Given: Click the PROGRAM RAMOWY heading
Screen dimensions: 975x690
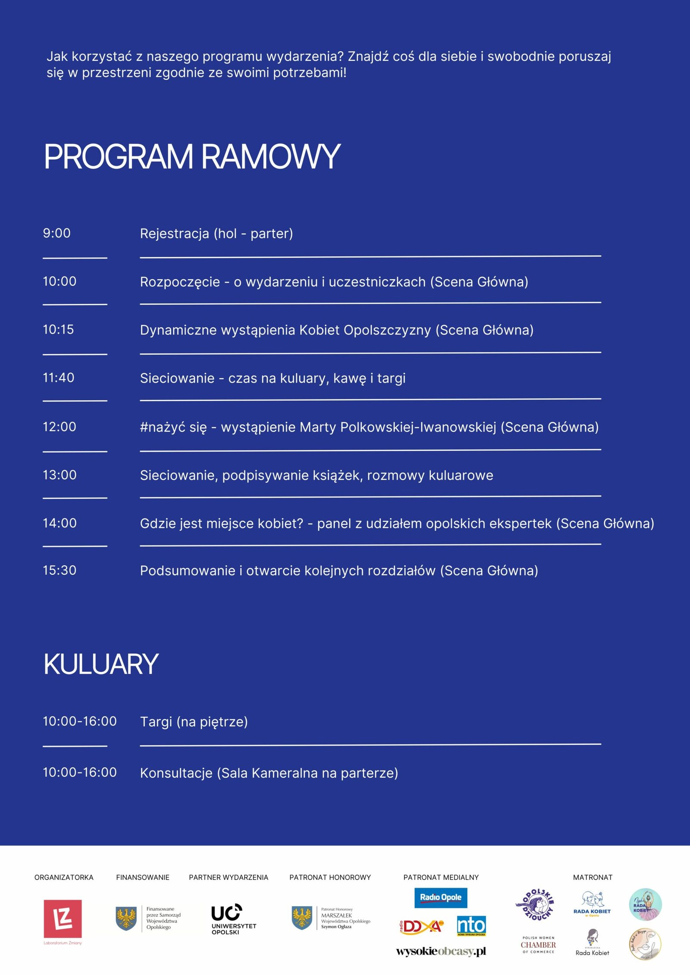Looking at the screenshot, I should pyautogui.click(x=192, y=156).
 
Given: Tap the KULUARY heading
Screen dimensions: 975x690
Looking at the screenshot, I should pyautogui.click(x=101, y=664).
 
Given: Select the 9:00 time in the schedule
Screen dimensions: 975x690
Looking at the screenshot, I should pyautogui.click(x=56, y=233).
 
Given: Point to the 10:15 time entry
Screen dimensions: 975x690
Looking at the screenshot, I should pyautogui.click(x=58, y=330).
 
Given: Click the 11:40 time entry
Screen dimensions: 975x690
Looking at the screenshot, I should pyautogui.click(x=58, y=378).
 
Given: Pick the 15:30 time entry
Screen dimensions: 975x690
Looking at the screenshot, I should pyautogui.click(x=60, y=570).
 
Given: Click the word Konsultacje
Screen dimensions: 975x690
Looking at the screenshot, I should pyautogui.click(x=176, y=773).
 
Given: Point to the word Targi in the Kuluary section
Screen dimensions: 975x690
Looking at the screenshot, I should pyautogui.click(x=156, y=722).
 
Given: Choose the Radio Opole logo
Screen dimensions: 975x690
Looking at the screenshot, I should pyautogui.click(x=440, y=897).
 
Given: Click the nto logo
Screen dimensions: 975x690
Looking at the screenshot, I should pyautogui.click(x=471, y=925).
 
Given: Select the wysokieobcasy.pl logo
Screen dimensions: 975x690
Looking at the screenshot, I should pyautogui.click(x=441, y=951).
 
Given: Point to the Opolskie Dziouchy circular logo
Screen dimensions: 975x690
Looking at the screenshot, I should pyautogui.click(x=534, y=905).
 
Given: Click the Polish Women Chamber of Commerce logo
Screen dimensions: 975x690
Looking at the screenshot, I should pyautogui.click(x=538, y=945).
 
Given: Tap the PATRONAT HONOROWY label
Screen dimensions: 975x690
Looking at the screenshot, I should pyautogui.click(x=330, y=877).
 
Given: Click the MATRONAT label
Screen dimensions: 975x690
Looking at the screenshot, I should pyautogui.click(x=593, y=877).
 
